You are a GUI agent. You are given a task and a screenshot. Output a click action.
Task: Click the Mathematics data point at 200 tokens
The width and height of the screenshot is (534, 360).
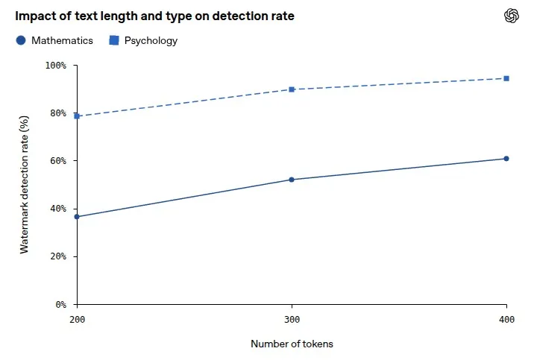tap(77, 217)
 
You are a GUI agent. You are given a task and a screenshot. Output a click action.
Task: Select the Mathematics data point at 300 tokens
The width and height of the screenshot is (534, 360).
tap(292, 180)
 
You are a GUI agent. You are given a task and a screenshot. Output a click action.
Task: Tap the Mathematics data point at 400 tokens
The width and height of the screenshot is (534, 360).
tap(506, 159)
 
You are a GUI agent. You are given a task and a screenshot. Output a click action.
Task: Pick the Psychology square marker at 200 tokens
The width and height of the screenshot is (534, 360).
tap(77, 116)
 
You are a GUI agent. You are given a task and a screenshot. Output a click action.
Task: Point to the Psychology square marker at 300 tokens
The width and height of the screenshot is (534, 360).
tap(292, 89)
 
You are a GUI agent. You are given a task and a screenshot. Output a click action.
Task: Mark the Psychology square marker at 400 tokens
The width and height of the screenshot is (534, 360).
tap(506, 78)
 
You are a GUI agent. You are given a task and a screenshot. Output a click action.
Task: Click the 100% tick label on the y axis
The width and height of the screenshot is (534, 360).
tap(56, 66)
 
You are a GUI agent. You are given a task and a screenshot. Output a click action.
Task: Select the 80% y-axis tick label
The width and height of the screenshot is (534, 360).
tap(58, 113)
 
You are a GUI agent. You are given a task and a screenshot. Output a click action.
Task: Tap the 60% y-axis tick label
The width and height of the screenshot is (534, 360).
tap(58, 161)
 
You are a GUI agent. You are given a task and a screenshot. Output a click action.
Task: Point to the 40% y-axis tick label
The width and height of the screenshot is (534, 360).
tap(58, 209)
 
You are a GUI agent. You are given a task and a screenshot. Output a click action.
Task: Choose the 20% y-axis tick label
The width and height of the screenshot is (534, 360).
tap(58, 256)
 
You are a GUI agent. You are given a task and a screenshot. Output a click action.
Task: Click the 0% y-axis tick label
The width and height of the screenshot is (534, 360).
tap(61, 305)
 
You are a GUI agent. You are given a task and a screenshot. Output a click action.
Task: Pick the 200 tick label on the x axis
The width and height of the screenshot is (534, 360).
tap(78, 320)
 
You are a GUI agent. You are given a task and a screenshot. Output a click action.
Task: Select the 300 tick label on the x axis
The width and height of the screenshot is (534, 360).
tap(292, 320)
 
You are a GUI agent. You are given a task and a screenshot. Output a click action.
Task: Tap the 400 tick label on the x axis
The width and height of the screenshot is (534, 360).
tap(506, 320)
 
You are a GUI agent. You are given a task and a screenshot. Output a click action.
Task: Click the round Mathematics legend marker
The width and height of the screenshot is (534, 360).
tap(21, 40)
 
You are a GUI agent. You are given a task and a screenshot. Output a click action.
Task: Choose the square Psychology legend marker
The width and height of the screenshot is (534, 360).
tap(114, 40)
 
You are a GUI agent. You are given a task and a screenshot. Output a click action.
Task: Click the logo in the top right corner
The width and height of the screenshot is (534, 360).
tap(512, 16)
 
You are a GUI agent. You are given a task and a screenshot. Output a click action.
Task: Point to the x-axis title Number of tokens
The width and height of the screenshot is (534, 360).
tap(292, 344)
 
